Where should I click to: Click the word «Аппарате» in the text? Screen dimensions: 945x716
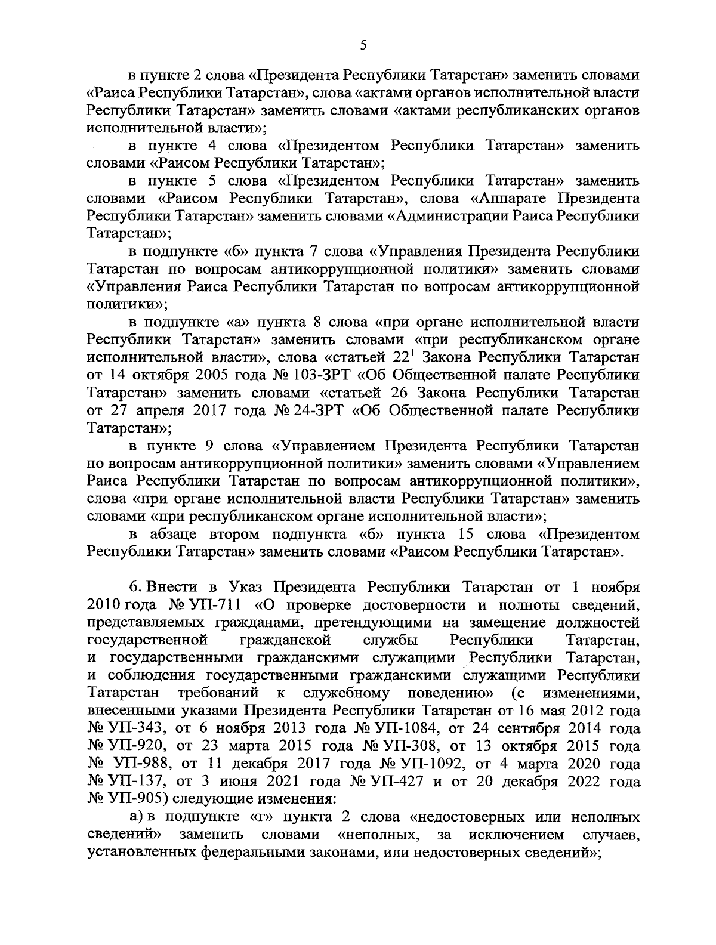[x=513, y=198]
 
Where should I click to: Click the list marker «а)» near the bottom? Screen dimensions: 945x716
[x=137, y=817]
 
